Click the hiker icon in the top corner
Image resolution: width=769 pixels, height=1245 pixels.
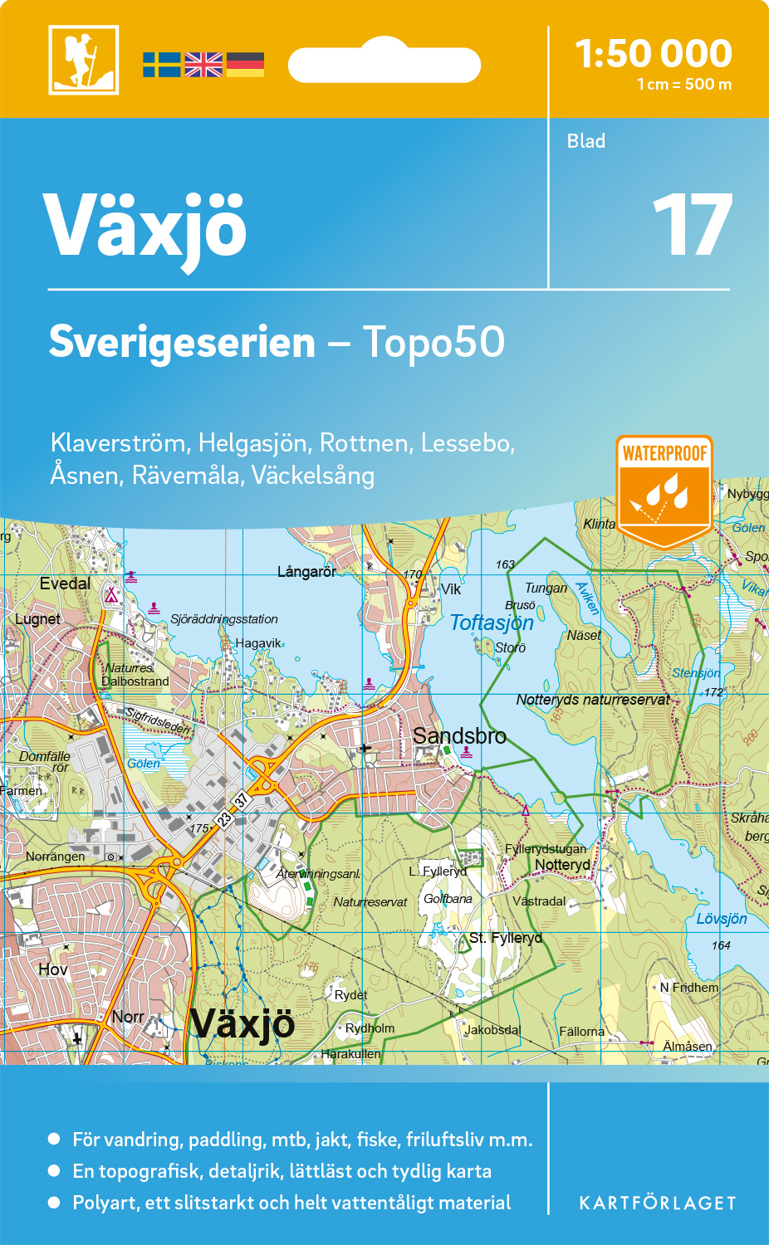pos(83,60)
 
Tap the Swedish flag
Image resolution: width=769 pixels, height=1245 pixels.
pos(161,65)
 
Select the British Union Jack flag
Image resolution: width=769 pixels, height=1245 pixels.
pos(203,65)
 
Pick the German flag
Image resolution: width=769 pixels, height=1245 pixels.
pos(245,65)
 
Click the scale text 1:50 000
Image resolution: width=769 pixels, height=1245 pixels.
pos(654,54)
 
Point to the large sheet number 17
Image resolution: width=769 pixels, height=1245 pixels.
pos(692,225)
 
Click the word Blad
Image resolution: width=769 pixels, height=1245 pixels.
pos(585,141)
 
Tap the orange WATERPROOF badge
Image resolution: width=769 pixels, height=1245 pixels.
pos(664,491)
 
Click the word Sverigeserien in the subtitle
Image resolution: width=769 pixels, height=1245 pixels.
pos(182,342)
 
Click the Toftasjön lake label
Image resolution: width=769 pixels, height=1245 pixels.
pos(492,622)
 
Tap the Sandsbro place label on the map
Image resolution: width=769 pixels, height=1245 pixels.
pos(459,735)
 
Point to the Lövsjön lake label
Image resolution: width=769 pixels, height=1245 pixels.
pos(721,919)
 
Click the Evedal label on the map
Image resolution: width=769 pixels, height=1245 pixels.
pos(65,583)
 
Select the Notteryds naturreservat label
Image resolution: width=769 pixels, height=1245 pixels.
pos(592,700)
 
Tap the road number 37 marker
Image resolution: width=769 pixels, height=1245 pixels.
pos(241,801)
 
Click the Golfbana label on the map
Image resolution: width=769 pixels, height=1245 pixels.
pos(448,899)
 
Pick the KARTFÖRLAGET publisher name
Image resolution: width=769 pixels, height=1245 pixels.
pos(658,1203)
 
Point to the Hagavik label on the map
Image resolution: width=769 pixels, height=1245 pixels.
pos(257,643)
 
